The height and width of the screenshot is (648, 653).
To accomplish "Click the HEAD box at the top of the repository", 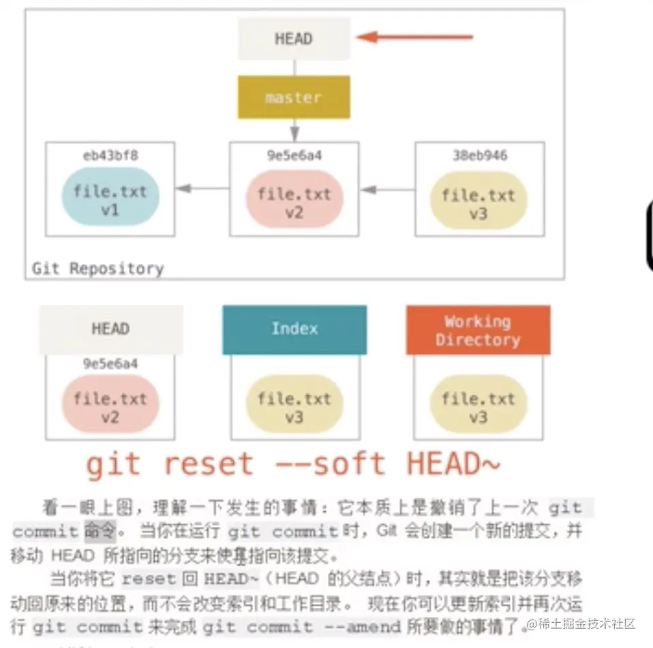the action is coord(293,38).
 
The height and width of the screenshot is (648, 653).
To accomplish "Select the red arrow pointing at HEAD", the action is coord(414,37).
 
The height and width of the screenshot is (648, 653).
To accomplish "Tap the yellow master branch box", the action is coord(293,97).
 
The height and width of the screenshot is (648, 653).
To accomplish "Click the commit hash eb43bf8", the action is coord(110,156).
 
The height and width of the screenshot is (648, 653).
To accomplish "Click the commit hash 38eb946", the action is coord(479,156).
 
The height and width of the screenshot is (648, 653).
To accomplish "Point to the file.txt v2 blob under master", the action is coord(294,202).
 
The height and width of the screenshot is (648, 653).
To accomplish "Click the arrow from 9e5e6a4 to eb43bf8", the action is coord(202,189).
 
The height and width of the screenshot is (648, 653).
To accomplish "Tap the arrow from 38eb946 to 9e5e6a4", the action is coord(386,189).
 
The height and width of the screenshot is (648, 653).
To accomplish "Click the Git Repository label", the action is coord(98,268).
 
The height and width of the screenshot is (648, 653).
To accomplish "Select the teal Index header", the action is coord(294,329).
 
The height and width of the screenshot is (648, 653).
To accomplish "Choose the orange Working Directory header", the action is coord(478,330).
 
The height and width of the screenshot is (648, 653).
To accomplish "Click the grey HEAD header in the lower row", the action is coord(110,329).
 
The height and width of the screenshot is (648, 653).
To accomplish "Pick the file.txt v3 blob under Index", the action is coord(294,406).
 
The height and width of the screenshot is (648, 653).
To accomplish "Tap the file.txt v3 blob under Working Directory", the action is coord(478,406).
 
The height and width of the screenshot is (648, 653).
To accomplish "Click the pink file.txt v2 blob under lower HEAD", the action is coord(110,406).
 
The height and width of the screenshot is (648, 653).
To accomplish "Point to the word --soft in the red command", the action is coord(331,464).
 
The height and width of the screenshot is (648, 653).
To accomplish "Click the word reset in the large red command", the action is coord(208,464).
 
